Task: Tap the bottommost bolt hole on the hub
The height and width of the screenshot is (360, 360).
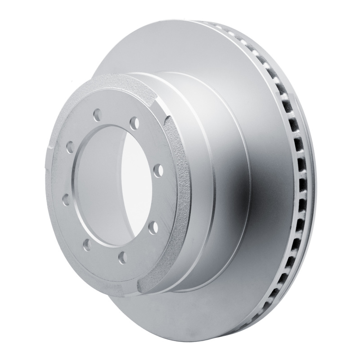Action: pos(121,258)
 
